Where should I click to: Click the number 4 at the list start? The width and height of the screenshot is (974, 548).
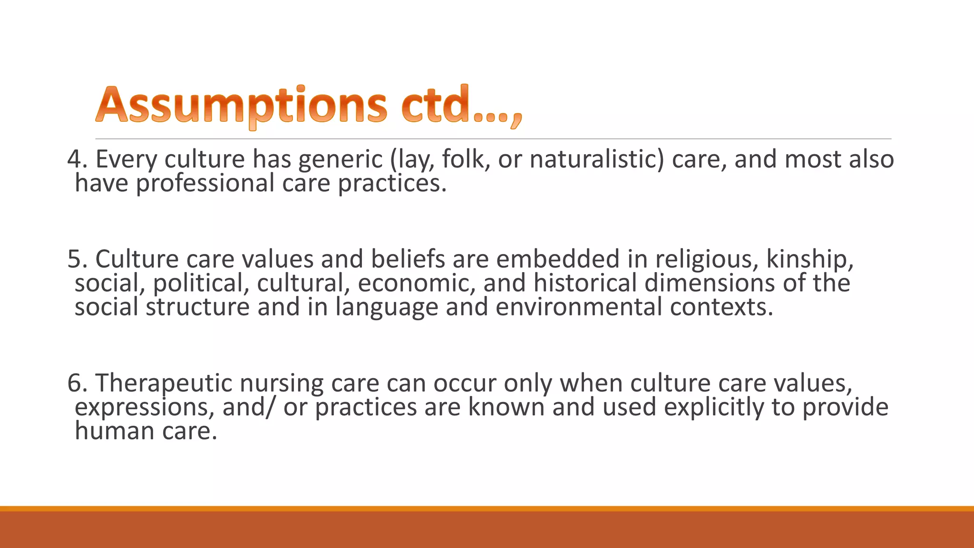pos(75,159)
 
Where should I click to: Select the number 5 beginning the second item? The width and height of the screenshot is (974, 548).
pos(75,259)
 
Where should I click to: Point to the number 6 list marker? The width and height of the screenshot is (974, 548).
pos(75,383)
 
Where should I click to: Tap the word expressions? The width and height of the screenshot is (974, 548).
pos(145,407)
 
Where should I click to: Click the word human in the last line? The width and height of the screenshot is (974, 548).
pos(114,431)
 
